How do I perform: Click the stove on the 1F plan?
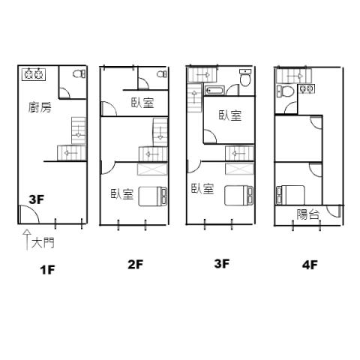click(x=34, y=74)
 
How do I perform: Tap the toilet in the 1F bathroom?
click(x=79, y=73)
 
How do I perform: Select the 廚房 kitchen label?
click(x=40, y=107)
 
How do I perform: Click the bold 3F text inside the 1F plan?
click(x=37, y=199)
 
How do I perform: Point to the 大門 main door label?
click(x=43, y=242)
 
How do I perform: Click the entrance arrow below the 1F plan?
click(x=27, y=239)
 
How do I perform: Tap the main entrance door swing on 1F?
click(x=28, y=214)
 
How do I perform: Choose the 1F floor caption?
click(x=47, y=270)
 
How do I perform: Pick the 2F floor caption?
click(x=135, y=265)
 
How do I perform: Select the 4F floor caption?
click(x=310, y=265)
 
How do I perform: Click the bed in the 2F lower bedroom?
click(x=153, y=196)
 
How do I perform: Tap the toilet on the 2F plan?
click(x=162, y=74)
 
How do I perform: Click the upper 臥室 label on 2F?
click(x=142, y=103)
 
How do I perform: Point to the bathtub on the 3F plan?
click(x=214, y=91)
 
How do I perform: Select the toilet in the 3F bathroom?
click(x=245, y=78)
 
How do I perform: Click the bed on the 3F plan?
click(x=238, y=196)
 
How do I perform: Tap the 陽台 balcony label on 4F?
click(x=308, y=214)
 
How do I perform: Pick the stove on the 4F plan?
click(x=307, y=88)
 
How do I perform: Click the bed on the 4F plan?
click(x=290, y=195)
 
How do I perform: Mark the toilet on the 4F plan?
click(x=285, y=91)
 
